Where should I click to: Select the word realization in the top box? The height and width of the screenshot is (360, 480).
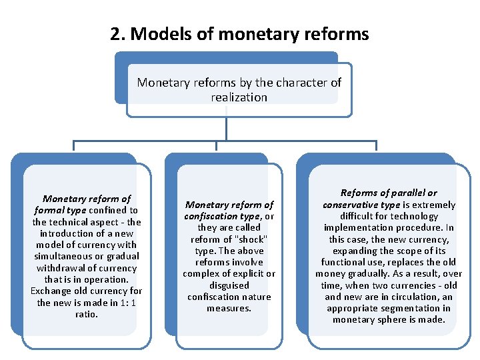[239, 97]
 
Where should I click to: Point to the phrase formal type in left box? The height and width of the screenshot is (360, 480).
[59, 210]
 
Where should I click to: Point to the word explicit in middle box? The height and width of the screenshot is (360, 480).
[247, 274]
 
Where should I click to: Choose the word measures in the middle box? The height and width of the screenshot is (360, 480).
[229, 308]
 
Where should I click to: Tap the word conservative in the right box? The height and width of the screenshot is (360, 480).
[350, 205]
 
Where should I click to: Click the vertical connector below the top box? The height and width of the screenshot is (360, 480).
[227, 129]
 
